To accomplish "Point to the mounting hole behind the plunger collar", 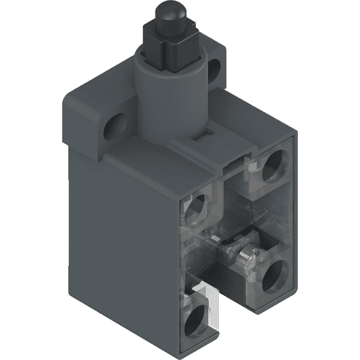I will [x=214, y=70].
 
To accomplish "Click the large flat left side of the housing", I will [x=120, y=240].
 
